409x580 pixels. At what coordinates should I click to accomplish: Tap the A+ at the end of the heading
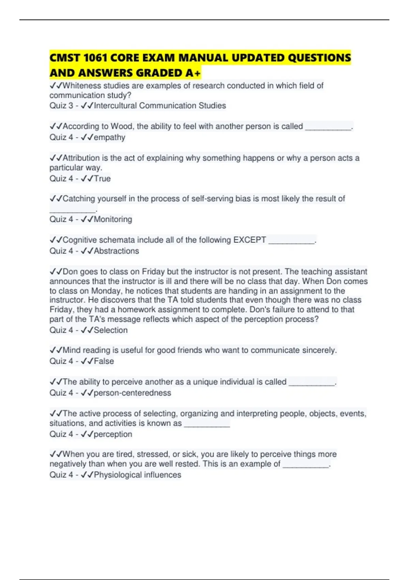[x=194, y=73]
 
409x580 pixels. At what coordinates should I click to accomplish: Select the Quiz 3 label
[x=61, y=106]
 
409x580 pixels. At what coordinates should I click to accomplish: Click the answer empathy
[x=109, y=137]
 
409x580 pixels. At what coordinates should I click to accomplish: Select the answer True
[x=102, y=179]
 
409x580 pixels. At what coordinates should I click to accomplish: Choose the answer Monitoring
[x=113, y=219]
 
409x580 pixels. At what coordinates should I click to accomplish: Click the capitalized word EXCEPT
[x=249, y=240]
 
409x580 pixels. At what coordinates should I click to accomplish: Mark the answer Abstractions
[x=116, y=251]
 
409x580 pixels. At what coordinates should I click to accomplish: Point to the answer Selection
[x=111, y=330]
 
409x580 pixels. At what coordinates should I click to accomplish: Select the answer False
[x=104, y=361]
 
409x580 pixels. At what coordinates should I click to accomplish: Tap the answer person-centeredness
[x=132, y=393]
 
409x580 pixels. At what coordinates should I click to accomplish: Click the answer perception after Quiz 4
[x=113, y=434]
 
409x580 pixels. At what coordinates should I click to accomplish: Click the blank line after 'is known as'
[x=207, y=424]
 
